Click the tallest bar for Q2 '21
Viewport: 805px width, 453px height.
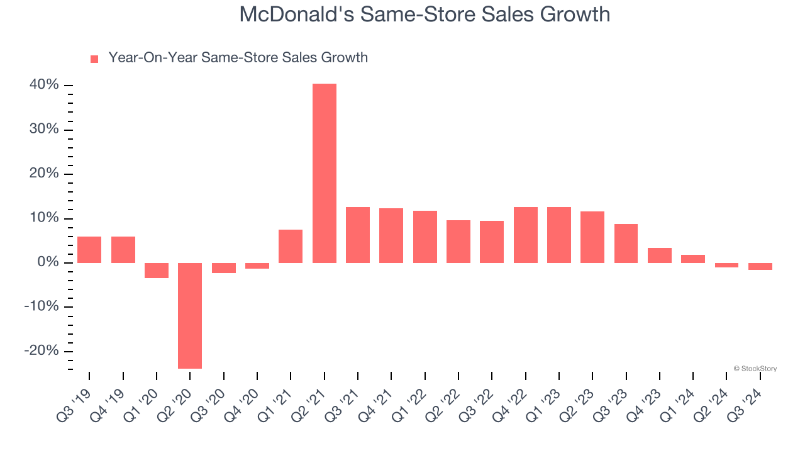click(324, 173)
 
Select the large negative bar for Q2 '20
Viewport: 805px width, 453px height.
click(190, 315)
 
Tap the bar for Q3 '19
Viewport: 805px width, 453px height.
click(89, 250)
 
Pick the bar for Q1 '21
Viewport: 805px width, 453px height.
click(291, 246)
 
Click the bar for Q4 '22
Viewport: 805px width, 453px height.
click(525, 235)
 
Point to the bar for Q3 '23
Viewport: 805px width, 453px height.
click(626, 243)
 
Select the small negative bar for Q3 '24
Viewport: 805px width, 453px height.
click(760, 266)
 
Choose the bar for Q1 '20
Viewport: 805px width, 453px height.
click(157, 271)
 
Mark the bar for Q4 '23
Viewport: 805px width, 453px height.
click(660, 255)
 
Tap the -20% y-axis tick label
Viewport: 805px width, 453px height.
click(42, 351)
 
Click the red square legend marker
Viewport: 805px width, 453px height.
click(94, 59)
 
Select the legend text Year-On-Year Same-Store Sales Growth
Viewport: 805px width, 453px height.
click(238, 58)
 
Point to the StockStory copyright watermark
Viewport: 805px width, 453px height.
click(755, 369)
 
